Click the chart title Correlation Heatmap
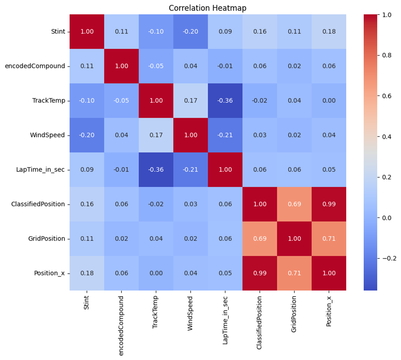tap(208, 8)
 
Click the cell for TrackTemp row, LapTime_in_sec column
tap(225, 100)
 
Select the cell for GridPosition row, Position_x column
tap(329, 239)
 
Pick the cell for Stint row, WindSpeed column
tap(191, 31)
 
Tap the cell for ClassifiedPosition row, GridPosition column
tap(294, 204)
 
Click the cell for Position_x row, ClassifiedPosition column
tap(260, 273)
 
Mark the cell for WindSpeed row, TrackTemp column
tap(156, 135)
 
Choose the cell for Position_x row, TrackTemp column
tap(156, 273)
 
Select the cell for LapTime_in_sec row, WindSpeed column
tap(191, 170)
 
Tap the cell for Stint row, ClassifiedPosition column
tap(260, 31)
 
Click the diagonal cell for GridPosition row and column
tap(294, 239)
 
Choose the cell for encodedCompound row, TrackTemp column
tap(156, 66)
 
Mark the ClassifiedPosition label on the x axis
tap(260, 321)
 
